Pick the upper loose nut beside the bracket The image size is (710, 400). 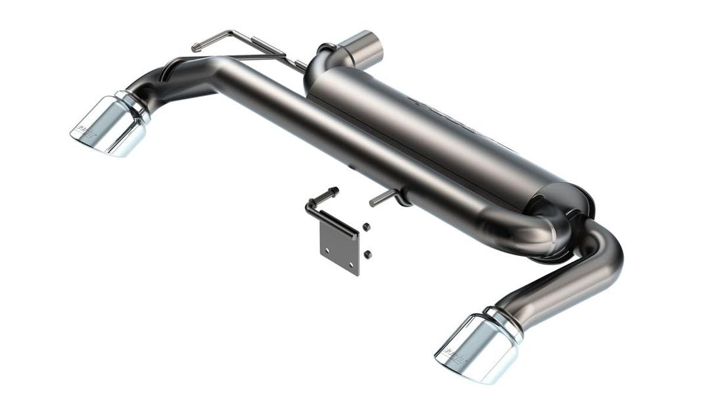click(x=366, y=227)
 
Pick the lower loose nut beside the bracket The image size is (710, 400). click(x=367, y=254)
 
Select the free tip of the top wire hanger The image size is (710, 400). click(x=195, y=47)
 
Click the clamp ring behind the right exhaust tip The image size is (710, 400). click(x=506, y=323)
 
